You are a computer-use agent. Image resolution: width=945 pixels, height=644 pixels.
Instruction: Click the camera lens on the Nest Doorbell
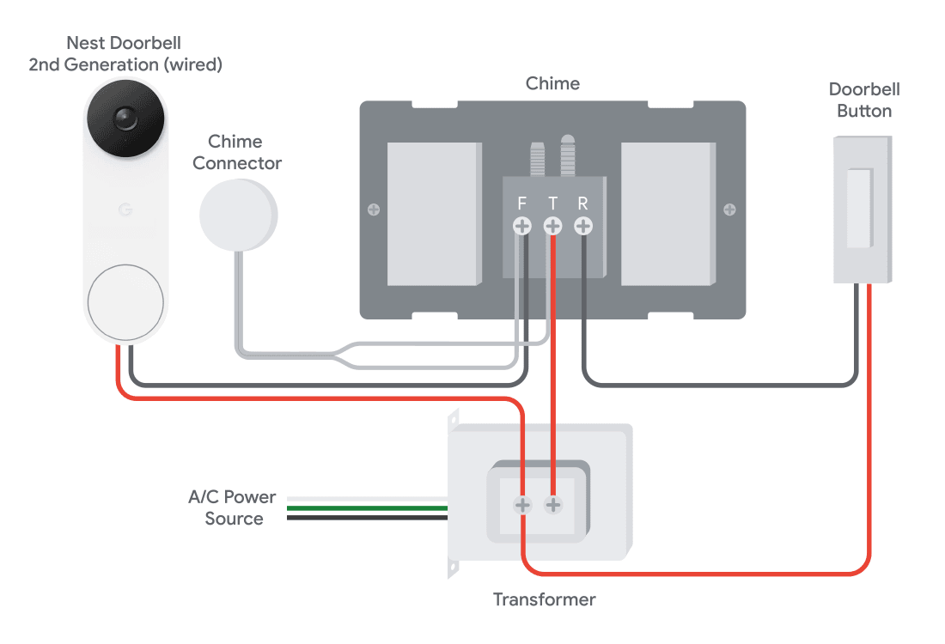point(125,118)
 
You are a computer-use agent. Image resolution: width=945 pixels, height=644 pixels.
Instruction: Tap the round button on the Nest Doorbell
point(125,302)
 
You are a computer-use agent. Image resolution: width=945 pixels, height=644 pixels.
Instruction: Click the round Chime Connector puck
point(238,215)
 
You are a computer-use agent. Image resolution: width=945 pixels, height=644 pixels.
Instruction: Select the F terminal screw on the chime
point(522,226)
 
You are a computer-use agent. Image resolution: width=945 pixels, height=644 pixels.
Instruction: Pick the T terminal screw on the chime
point(552,226)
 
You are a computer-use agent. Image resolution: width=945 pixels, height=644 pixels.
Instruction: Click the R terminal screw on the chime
point(582,226)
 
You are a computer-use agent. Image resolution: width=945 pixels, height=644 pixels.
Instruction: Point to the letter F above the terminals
point(522,204)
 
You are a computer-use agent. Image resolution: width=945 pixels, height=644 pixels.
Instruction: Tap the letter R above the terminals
point(582,204)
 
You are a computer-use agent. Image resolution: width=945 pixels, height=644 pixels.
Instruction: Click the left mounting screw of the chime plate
point(374,210)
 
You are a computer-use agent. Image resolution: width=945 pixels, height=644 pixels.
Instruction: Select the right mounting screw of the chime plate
point(729,210)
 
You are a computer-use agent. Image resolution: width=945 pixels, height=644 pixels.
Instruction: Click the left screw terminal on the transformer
point(522,505)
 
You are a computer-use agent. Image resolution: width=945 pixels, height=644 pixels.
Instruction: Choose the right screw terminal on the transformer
point(552,505)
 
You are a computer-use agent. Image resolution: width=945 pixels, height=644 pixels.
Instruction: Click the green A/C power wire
point(367,508)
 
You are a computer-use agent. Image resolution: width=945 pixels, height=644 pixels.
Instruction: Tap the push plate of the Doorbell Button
point(859,209)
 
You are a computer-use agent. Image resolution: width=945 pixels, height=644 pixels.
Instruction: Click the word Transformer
point(544,599)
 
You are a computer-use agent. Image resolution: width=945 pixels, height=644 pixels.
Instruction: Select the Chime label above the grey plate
point(552,83)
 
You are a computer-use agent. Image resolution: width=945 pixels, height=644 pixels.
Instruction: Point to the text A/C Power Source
point(232,507)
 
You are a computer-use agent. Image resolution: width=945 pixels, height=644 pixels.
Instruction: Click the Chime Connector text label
point(237,152)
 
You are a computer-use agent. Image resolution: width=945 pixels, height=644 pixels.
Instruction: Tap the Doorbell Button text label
point(864,100)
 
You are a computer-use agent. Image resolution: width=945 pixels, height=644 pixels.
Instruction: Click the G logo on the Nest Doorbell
point(125,210)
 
